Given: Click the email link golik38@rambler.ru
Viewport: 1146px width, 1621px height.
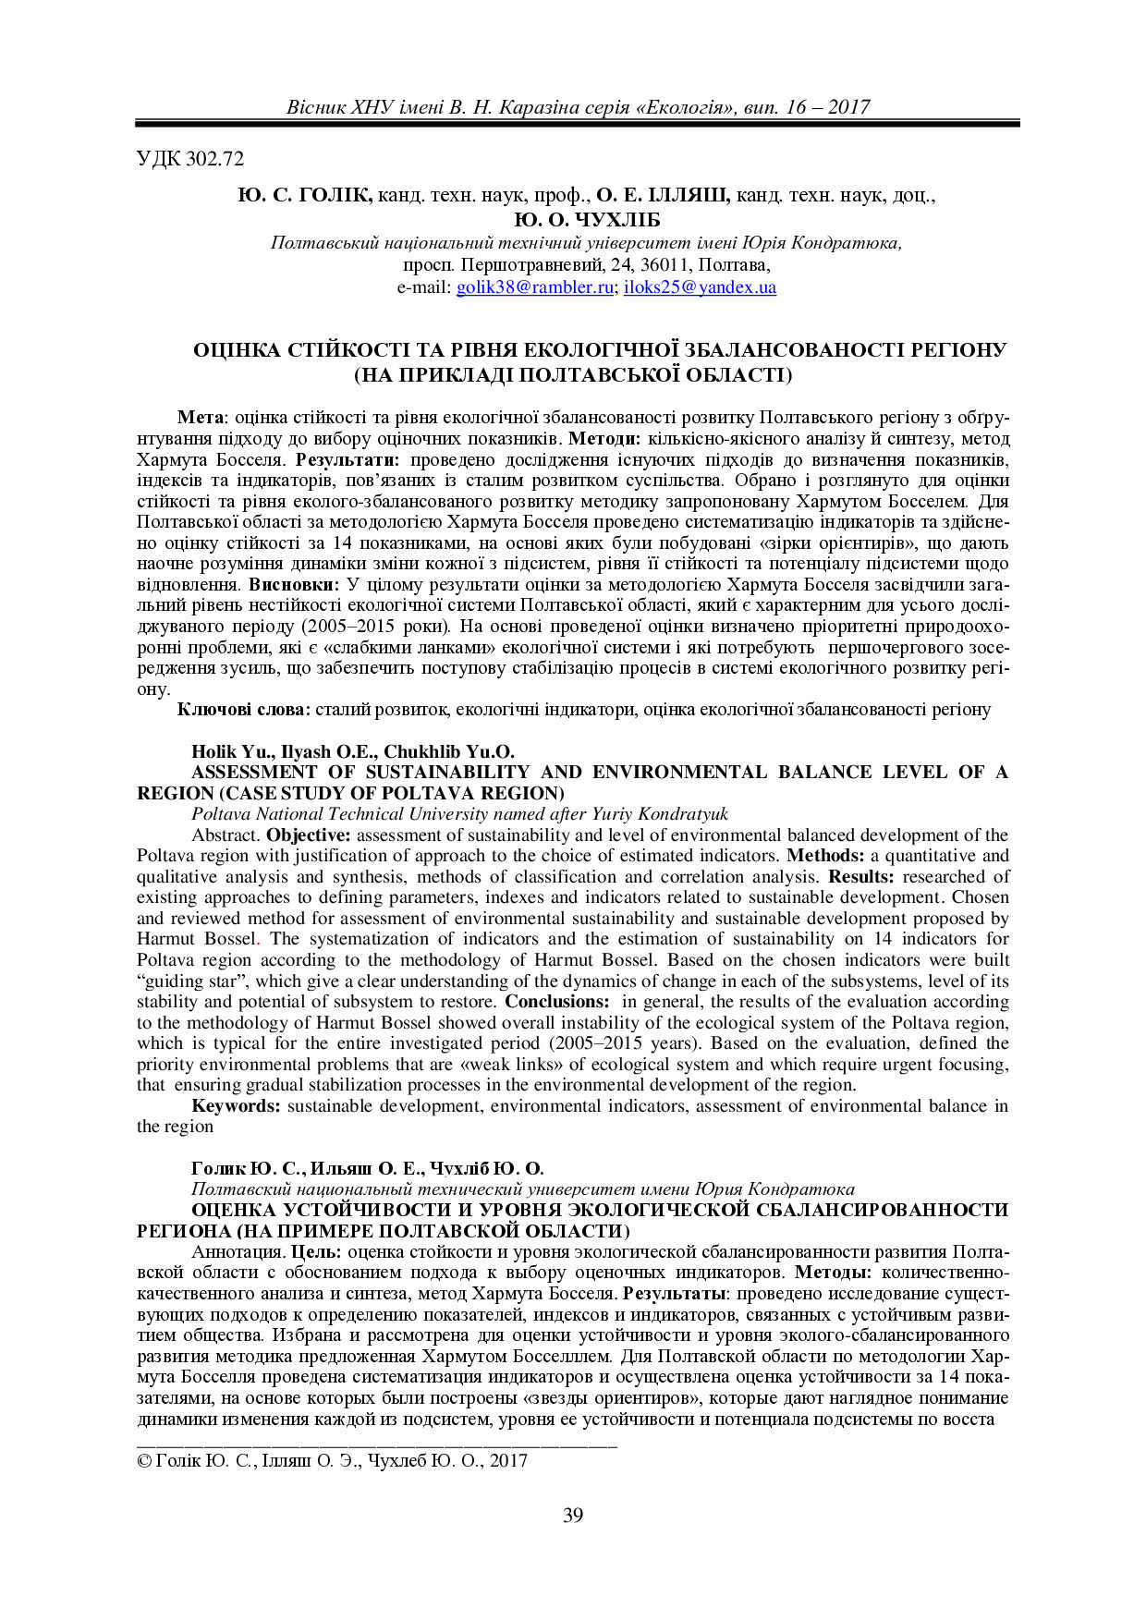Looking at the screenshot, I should [535, 287].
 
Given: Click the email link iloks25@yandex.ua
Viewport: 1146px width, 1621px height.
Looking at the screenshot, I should [700, 287].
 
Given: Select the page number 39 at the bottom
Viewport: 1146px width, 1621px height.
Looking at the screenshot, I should [573, 1515].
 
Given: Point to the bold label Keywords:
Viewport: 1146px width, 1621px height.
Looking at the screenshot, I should [236, 1106].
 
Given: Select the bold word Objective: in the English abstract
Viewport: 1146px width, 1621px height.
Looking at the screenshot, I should [310, 835].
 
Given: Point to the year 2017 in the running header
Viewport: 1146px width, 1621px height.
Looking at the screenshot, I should [848, 107].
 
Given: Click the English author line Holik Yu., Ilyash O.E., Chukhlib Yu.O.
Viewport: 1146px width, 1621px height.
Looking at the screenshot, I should [353, 751].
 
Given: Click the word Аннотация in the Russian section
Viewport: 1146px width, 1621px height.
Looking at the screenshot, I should [238, 1252].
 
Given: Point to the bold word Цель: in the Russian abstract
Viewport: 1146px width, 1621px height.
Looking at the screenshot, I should [317, 1252].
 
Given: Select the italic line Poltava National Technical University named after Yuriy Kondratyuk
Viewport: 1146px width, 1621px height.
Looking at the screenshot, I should [459, 814].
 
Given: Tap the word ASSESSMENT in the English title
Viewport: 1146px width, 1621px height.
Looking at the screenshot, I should [254, 773].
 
